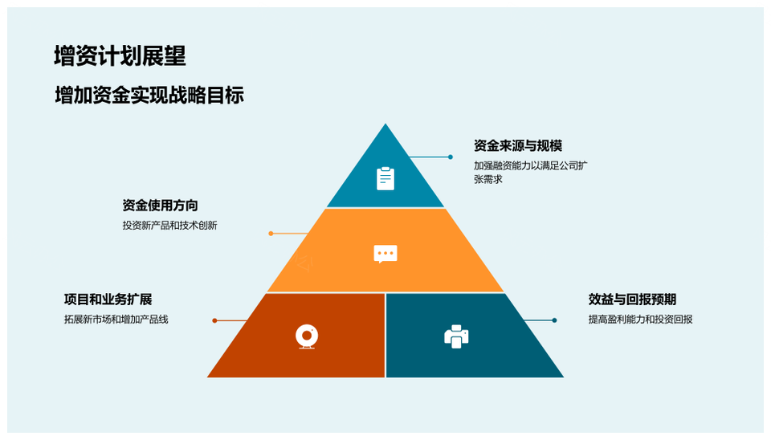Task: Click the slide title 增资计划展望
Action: coord(120,55)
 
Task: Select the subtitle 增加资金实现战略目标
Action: coord(149,96)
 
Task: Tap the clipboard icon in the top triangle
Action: coord(385,178)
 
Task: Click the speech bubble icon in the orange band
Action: coord(385,254)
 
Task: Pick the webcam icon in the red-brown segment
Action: coord(307,336)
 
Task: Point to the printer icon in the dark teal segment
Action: coord(456,336)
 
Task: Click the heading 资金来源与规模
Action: coord(518,146)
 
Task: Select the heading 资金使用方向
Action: coord(161,206)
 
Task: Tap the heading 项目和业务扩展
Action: coord(108,299)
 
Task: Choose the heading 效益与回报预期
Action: coord(632,299)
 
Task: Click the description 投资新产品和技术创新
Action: coord(169,226)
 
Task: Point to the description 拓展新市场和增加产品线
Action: coord(116,320)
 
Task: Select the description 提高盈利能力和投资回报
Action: coord(640,320)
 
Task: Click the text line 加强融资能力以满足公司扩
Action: coord(531,165)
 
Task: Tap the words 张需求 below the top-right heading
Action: coord(488,179)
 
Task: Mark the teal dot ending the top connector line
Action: coord(450,157)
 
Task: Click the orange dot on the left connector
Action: coord(271,234)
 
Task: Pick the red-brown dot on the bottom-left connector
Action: coord(214,320)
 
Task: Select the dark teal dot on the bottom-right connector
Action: coord(554,320)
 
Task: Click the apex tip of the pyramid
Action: coord(385,124)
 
